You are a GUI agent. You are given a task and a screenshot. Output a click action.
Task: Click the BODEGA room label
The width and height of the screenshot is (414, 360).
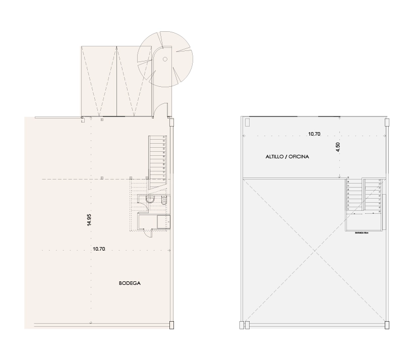tap(130, 283)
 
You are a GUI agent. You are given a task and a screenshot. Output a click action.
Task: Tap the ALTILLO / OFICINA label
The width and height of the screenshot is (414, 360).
tap(287, 157)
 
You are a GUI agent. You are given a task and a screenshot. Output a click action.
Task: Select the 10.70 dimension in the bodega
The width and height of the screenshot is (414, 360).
tap(100, 249)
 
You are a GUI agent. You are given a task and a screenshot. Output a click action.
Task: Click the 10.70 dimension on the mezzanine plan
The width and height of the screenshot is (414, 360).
tap(314, 134)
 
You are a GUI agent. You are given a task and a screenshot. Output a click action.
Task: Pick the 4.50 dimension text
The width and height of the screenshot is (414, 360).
tap(338, 147)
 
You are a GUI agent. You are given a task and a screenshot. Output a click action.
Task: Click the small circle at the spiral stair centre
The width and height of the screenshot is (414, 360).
tap(164, 59)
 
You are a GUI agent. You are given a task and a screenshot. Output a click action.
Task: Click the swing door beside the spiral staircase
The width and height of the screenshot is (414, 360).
tap(161, 110)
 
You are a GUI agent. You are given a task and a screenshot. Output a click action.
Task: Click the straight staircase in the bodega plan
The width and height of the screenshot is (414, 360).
tap(157, 157)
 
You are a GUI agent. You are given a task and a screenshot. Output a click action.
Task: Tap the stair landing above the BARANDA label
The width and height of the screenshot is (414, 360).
tap(363, 222)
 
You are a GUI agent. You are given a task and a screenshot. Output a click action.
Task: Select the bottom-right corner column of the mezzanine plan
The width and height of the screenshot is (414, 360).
tap(387, 325)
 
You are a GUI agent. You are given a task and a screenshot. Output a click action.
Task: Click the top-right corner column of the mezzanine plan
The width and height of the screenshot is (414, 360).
tap(387, 123)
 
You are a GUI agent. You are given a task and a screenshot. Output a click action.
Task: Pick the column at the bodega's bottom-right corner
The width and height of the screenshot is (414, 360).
tap(172, 325)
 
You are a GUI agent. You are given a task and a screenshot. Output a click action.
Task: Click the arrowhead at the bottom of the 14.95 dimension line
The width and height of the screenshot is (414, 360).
tap(91, 322)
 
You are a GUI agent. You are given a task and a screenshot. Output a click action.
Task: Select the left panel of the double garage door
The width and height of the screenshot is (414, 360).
tap(99, 81)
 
